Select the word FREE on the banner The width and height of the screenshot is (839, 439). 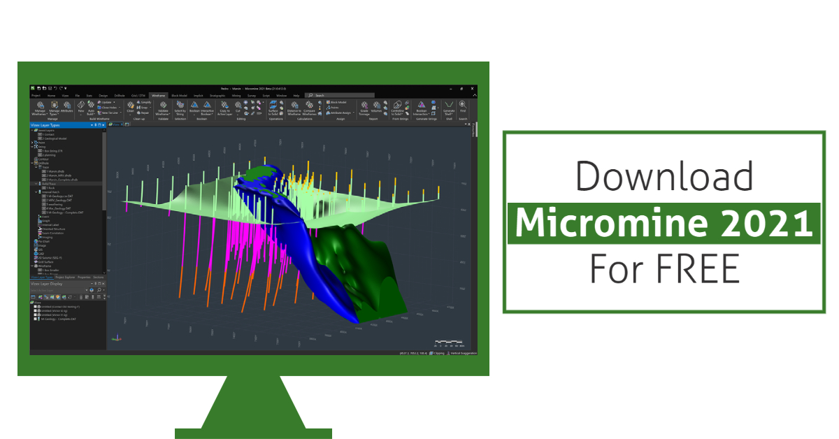[x=699, y=269]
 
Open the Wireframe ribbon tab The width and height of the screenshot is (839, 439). [x=159, y=95]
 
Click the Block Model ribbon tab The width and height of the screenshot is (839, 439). [x=179, y=95]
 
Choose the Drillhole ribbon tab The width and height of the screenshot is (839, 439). [x=120, y=95]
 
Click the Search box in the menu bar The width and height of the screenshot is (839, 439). [x=343, y=95]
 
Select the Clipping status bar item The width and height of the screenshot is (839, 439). [x=438, y=354]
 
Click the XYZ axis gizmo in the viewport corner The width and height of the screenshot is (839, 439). [x=115, y=339]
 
